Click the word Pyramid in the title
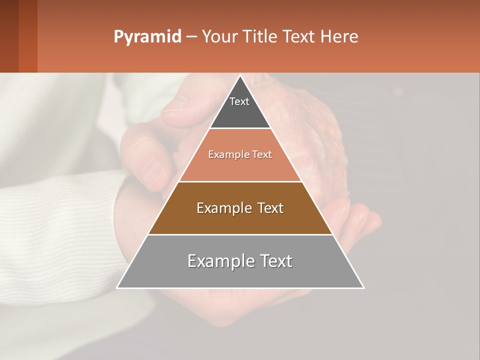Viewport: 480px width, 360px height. (147, 37)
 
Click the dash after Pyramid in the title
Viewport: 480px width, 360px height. (191, 37)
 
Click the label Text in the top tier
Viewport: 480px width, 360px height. (239, 101)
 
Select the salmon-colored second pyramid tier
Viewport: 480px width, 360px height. (240, 167)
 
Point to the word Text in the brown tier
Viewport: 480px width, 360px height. (270, 208)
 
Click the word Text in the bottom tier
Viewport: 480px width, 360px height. (274, 261)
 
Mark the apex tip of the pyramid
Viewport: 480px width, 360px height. (240, 76)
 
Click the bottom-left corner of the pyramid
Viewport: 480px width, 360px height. (117, 287)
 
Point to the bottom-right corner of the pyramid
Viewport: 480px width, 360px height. (363, 287)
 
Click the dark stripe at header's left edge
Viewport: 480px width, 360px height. (9, 36)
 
